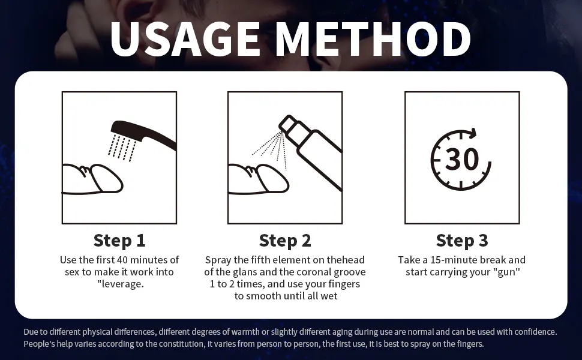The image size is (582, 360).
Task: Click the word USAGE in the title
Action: (x=185, y=39)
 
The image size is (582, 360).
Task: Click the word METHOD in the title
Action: (x=373, y=39)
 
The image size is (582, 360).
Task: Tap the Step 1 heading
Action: (x=119, y=241)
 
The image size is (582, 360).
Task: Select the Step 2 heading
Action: (x=285, y=241)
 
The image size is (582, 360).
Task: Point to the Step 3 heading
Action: (x=462, y=241)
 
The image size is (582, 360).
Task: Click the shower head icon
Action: (x=143, y=134)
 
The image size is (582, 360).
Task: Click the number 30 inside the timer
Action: (x=462, y=160)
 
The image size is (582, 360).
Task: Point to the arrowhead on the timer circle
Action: (x=473, y=133)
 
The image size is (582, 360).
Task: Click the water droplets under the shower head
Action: (x=122, y=148)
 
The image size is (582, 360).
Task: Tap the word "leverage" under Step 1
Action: (x=122, y=284)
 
